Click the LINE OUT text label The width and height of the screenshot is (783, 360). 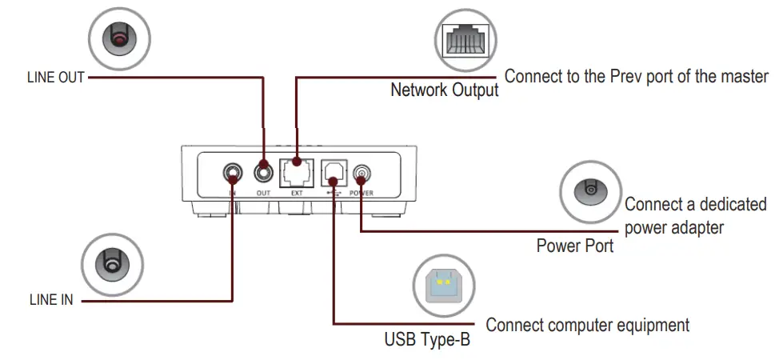[54, 78]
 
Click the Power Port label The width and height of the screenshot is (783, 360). [574, 246]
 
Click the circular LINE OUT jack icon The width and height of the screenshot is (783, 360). [120, 38]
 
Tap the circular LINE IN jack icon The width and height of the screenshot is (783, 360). [113, 264]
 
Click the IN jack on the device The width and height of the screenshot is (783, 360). [233, 172]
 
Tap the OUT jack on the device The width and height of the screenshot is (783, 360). [263, 172]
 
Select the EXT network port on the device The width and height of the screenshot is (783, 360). [295, 172]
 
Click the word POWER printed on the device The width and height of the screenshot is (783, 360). [362, 194]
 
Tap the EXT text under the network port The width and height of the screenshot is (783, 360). [295, 194]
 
